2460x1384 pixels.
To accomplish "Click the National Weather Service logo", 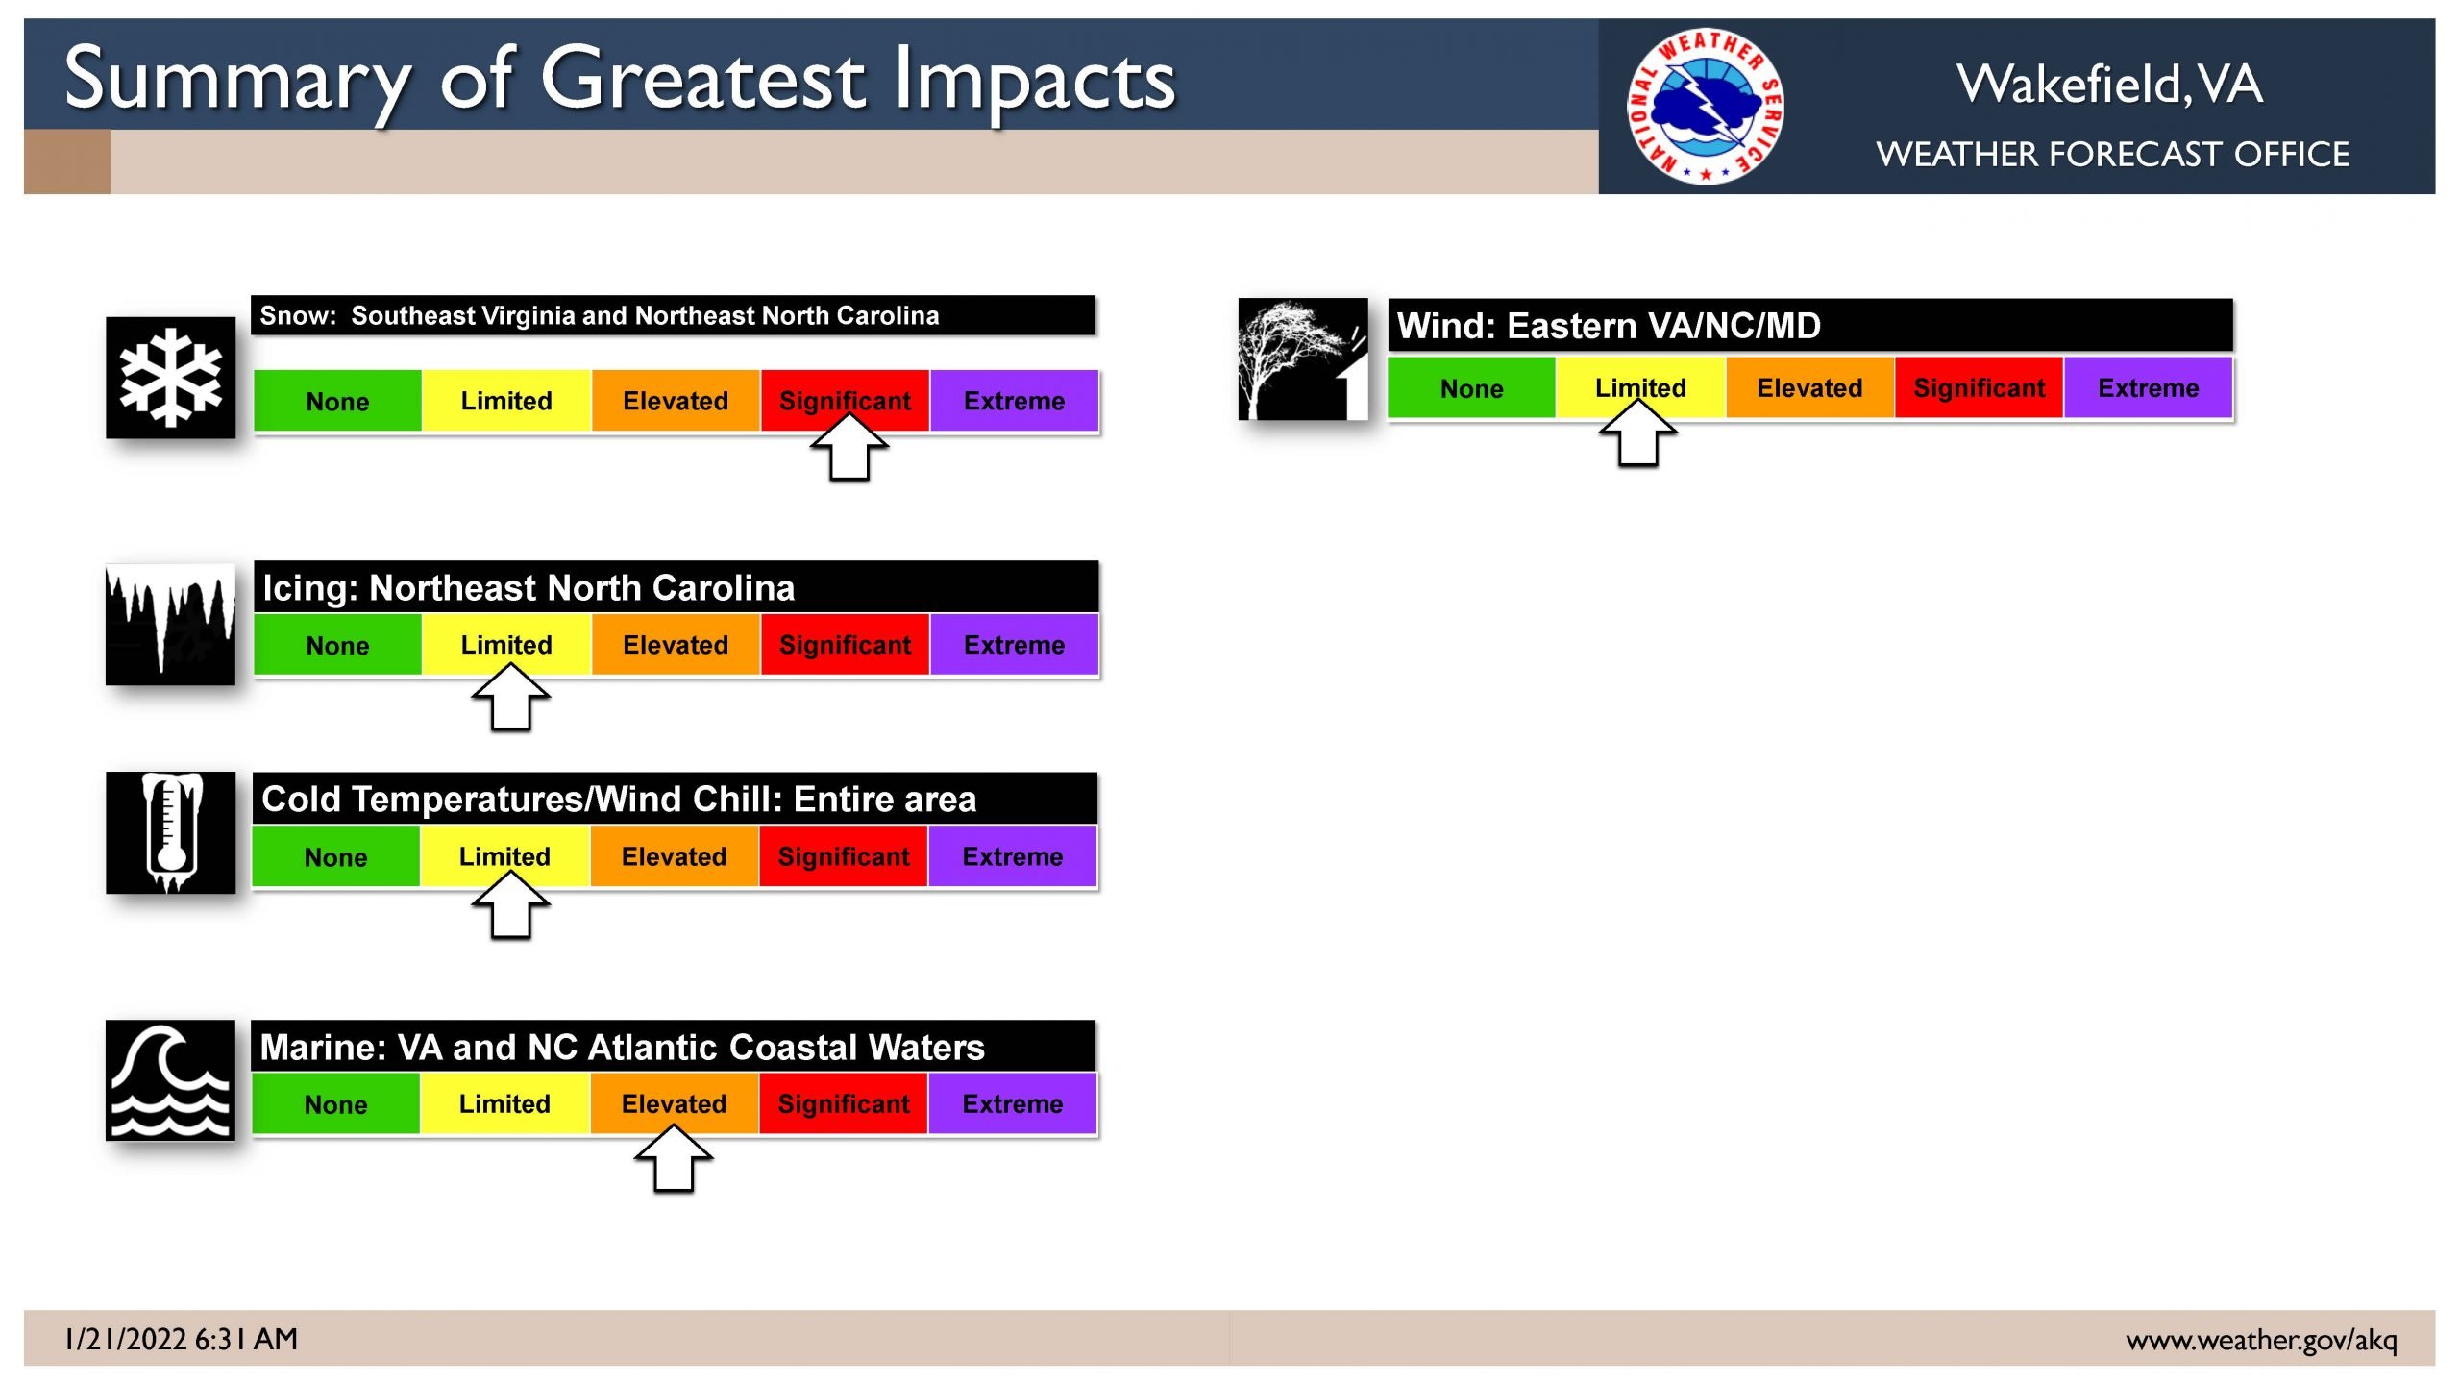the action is (x=1706, y=105).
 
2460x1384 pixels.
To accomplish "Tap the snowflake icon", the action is (x=170, y=377).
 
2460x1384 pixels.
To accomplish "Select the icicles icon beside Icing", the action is (x=170, y=624).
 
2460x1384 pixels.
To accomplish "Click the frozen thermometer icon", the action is (x=170, y=832).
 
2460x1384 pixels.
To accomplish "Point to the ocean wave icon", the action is (x=170, y=1080).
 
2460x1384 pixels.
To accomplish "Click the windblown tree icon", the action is (x=1303, y=358).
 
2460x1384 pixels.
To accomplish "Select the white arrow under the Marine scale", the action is (x=674, y=1158).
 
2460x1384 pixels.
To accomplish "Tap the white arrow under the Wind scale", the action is (x=1638, y=432).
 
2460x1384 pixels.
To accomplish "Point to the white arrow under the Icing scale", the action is (x=510, y=697).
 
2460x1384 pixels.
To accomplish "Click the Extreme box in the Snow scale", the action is (x=1014, y=401).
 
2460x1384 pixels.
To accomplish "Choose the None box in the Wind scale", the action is (x=1471, y=388).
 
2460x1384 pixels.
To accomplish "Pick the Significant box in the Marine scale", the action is (x=843, y=1103).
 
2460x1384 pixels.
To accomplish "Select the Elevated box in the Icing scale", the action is (x=676, y=645).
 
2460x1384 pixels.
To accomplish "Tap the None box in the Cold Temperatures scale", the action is (x=335, y=856).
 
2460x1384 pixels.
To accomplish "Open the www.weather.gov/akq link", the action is (x=2261, y=1340).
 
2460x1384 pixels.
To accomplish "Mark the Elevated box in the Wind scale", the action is (x=1809, y=388).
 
